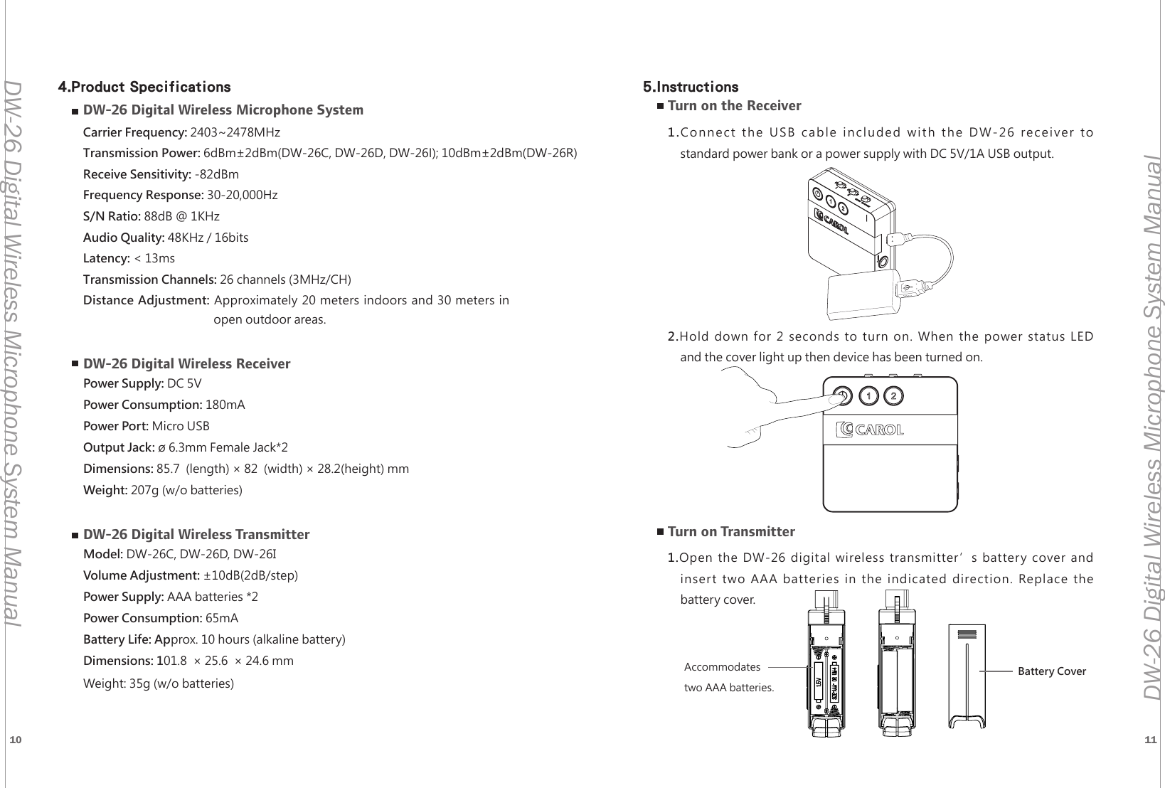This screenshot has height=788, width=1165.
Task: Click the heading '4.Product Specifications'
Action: (144, 87)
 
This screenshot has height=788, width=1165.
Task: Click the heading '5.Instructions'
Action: (690, 87)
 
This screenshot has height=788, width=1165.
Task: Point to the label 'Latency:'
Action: (107, 257)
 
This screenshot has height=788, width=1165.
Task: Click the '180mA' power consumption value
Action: (225, 405)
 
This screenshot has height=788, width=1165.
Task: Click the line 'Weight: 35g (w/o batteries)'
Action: (159, 683)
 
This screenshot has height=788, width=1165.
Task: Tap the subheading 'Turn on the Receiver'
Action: (734, 106)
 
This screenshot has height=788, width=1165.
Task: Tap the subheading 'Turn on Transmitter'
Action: (731, 531)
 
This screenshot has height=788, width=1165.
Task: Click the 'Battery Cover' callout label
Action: (1051, 671)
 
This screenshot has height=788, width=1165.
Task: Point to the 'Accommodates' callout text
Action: (722, 667)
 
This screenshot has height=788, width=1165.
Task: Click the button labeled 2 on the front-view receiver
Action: (894, 395)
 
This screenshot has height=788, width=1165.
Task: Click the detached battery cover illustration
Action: (967, 676)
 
